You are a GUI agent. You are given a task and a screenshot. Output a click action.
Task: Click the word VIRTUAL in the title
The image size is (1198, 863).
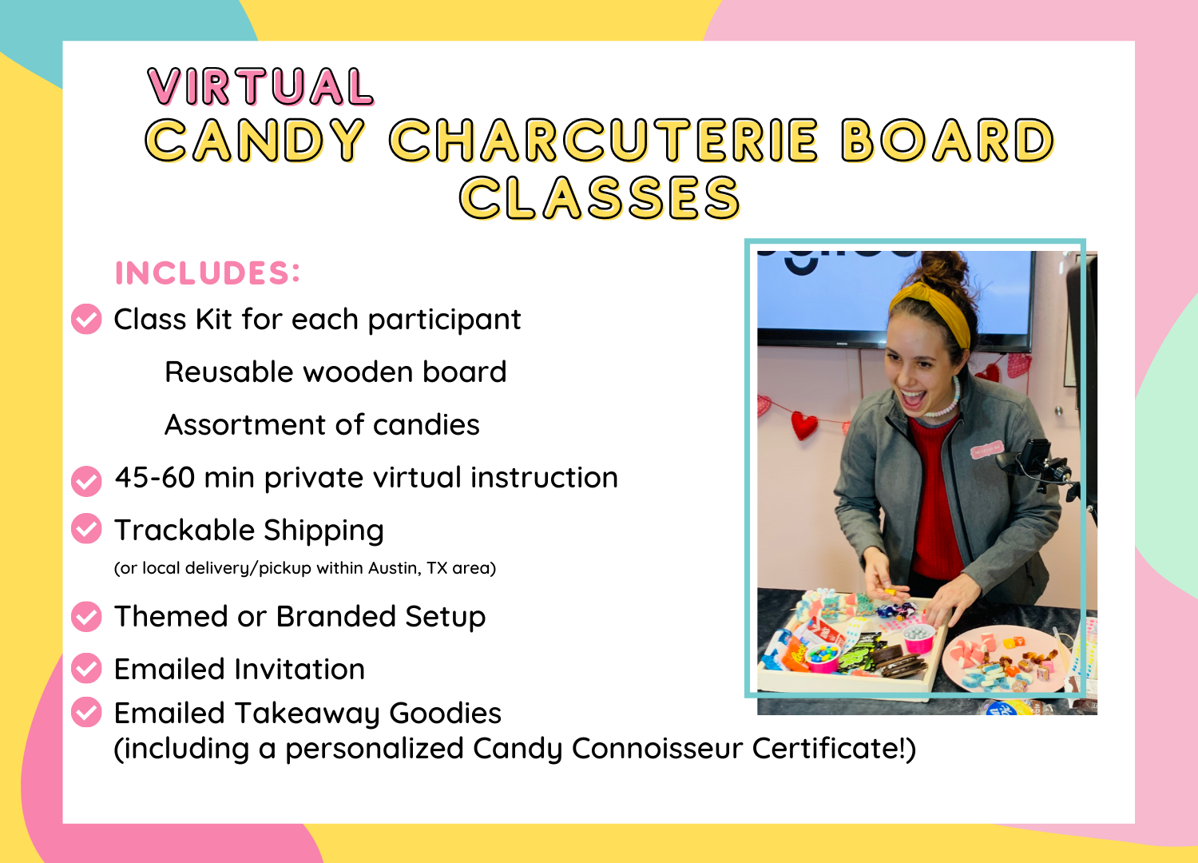point(260,86)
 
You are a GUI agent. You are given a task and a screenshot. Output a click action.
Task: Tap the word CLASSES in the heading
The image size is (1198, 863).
point(600,197)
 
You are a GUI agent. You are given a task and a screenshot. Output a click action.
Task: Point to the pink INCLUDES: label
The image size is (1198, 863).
point(208,272)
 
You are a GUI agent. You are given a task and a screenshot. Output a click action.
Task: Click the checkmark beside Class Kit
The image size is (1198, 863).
point(86,319)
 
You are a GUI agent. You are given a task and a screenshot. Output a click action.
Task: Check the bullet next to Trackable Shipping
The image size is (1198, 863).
point(86,529)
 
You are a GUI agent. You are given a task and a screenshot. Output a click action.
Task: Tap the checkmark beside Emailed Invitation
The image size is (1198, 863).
point(86,668)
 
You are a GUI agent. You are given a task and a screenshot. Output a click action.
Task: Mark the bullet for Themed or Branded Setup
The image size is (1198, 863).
point(86,616)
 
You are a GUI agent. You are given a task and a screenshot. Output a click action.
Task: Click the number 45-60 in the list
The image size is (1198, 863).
point(155,477)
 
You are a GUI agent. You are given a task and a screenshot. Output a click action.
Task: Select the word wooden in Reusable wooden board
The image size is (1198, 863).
point(357,372)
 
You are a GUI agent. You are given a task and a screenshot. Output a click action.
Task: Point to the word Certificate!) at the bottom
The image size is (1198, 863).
point(835,749)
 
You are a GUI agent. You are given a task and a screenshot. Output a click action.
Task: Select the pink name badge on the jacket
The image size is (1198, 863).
point(986,449)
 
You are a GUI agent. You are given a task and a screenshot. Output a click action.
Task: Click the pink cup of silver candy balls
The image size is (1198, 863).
point(918,638)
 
